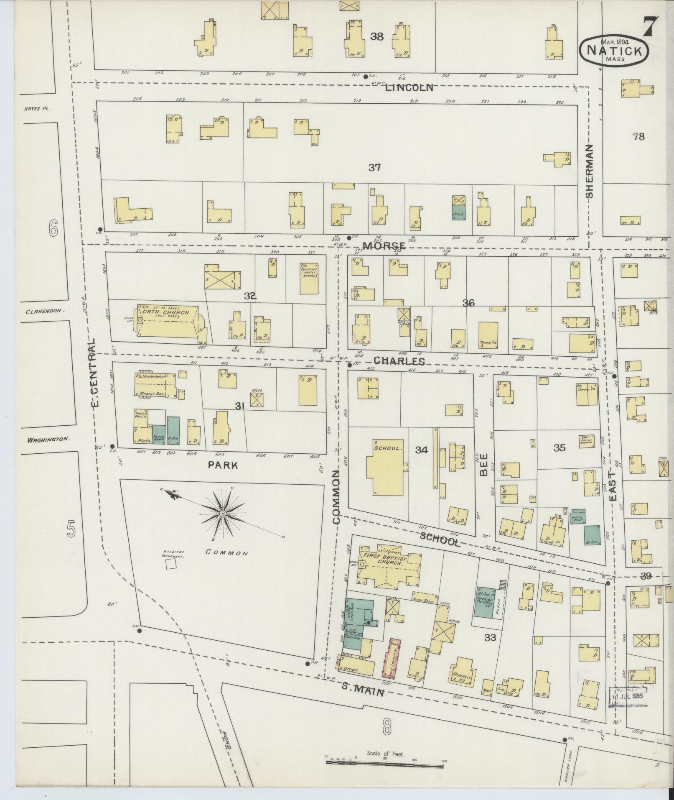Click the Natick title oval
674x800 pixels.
[614, 50]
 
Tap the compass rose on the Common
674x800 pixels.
[223, 513]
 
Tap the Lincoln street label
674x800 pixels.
[409, 88]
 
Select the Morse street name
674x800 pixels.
[384, 246]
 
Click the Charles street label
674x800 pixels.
[399, 361]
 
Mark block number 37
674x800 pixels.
[374, 168]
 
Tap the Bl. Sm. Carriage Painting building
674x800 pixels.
[485, 602]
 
